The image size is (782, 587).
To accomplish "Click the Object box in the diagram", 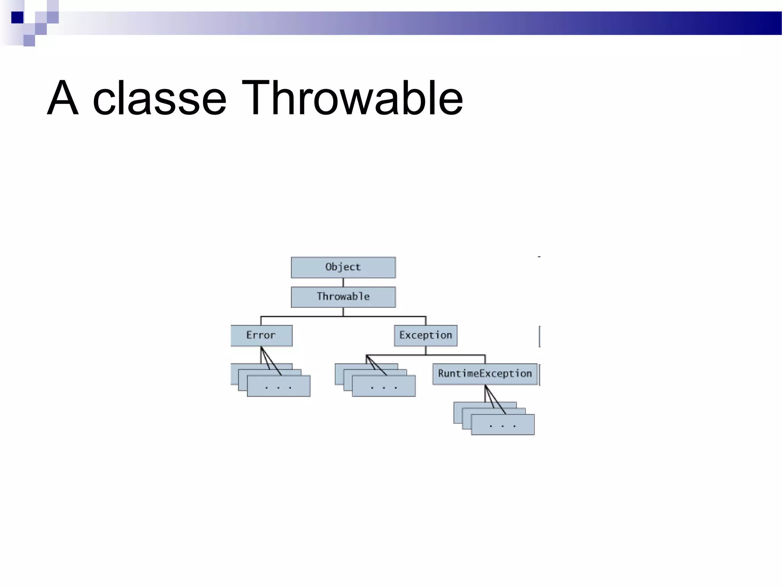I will (x=343, y=267).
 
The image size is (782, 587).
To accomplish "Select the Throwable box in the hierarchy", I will (x=343, y=297).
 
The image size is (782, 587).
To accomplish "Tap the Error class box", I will (x=261, y=336).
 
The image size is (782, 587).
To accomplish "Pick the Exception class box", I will (x=425, y=336).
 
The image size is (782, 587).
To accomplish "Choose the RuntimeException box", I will (x=485, y=374).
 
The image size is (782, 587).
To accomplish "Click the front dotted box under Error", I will (x=278, y=386).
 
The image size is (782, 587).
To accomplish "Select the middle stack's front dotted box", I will (x=383, y=386).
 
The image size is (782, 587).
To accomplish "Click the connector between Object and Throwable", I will (x=343, y=282).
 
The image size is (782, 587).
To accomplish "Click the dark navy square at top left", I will (x=17, y=18).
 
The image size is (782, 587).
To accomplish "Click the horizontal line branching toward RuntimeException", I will (x=454, y=355).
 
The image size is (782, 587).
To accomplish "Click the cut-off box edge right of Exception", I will (x=540, y=336).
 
